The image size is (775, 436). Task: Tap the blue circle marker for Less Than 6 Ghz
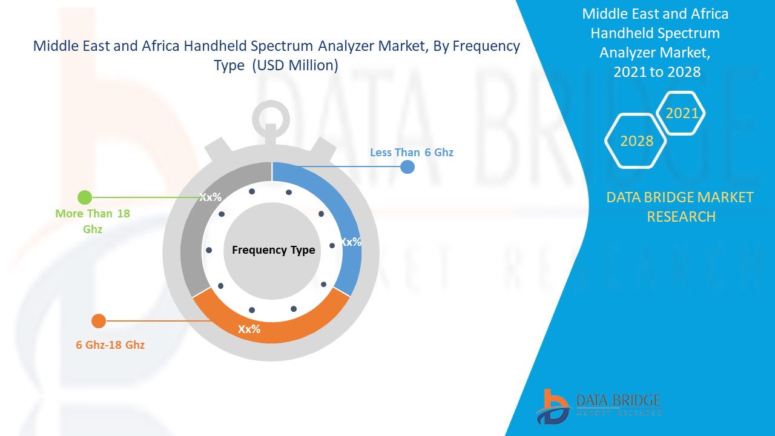click(x=407, y=167)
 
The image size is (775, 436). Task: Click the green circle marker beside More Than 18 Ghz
click(x=85, y=197)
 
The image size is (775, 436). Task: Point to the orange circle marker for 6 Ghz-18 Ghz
click(x=98, y=321)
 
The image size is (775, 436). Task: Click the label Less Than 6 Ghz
click(x=412, y=153)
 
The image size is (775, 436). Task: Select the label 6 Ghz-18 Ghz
click(x=110, y=345)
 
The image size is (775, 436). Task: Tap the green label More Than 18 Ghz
click(x=93, y=221)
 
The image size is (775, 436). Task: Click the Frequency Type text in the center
click(x=274, y=250)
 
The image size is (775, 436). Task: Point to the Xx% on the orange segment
click(x=249, y=329)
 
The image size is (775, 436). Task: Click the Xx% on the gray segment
click(x=211, y=197)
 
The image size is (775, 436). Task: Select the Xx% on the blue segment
click(x=351, y=242)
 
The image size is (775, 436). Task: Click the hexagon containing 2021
click(x=682, y=113)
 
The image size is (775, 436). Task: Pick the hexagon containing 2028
click(x=636, y=141)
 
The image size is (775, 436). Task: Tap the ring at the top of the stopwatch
click(x=271, y=119)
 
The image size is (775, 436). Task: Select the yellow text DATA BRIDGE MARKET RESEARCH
click(x=681, y=206)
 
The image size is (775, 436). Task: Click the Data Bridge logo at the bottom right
click(x=598, y=406)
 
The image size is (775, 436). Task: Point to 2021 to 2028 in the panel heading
click(x=657, y=71)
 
